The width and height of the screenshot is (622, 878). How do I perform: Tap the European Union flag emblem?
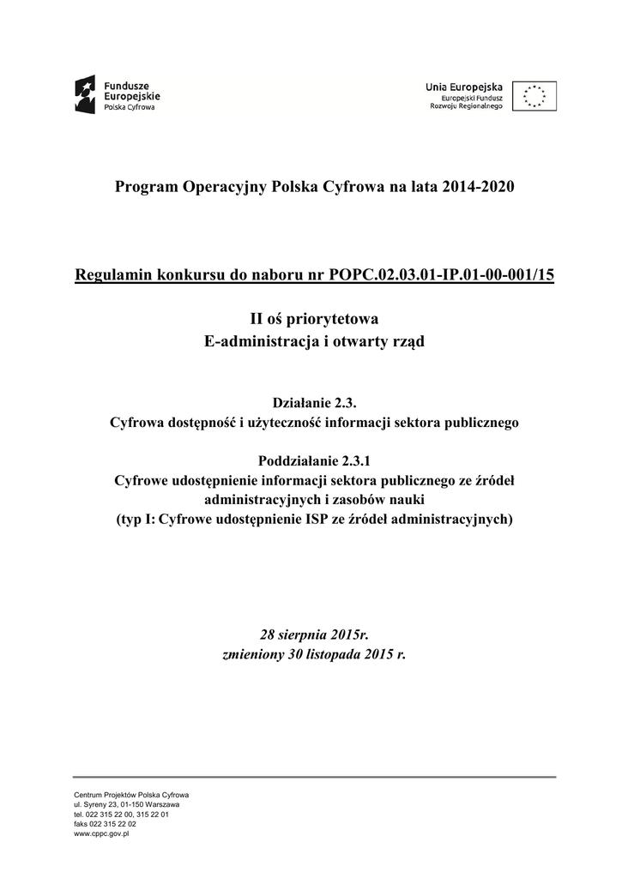[x=534, y=96]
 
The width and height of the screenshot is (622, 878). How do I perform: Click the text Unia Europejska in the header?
[x=464, y=87]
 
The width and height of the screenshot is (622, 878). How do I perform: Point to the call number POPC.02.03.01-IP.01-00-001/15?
[x=442, y=275]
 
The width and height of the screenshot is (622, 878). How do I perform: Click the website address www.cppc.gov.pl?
[x=101, y=833]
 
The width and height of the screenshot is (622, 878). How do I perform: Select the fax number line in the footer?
[x=105, y=823]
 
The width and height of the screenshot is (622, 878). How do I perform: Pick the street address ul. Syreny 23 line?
[x=126, y=804]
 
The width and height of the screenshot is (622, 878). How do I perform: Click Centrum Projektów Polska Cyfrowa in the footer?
[x=131, y=795]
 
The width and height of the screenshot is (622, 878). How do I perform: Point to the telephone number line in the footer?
[x=121, y=814]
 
